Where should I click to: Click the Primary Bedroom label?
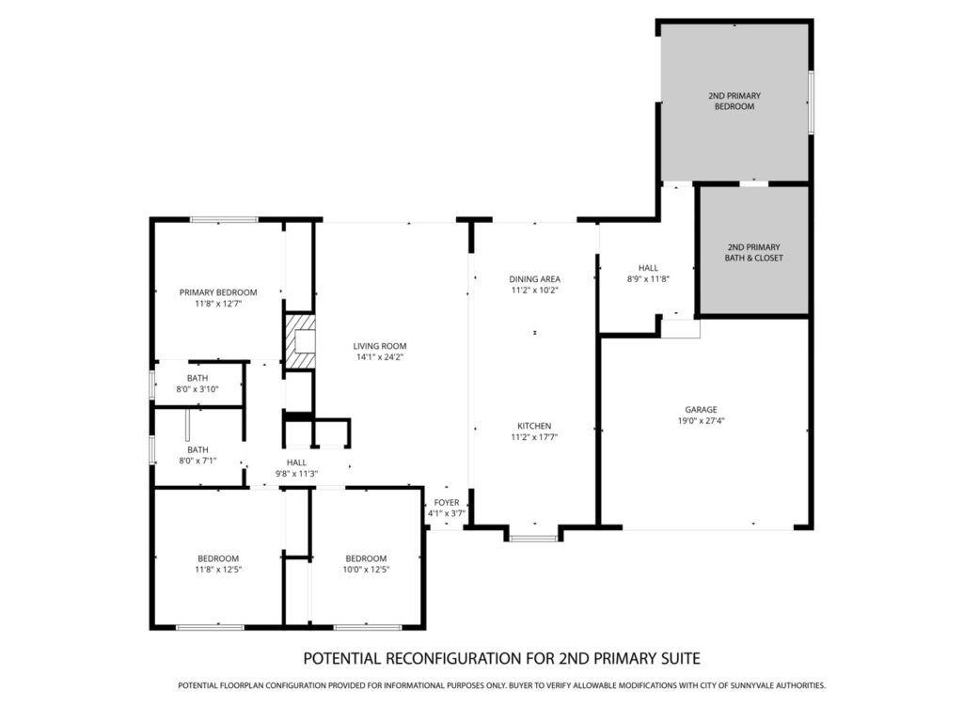click(218, 292)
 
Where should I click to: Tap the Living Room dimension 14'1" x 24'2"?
click(380, 356)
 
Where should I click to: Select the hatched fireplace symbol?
click(300, 341)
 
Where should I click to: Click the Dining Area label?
click(534, 278)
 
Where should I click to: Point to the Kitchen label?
click(534, 426)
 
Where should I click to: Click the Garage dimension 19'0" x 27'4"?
click(701, 420)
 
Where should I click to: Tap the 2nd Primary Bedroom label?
click(734, 101)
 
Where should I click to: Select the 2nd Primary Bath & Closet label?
click(753, 252)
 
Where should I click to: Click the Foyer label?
click(447, 502)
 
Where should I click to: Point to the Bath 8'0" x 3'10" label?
click(197, 384)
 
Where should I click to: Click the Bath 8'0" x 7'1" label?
click(197, 455)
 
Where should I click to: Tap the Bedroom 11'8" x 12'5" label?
click(218, 564)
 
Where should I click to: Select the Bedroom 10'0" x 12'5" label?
click(366, 564)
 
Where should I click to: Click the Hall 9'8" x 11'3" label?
click(296, 468)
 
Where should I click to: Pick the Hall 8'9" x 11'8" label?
click(648, 273)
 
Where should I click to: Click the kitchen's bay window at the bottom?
click(534, 539)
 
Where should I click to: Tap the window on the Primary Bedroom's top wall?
click(224, 219)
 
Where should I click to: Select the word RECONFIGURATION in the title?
click(454, 658)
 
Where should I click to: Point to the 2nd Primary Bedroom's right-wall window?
click(811, 102)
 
